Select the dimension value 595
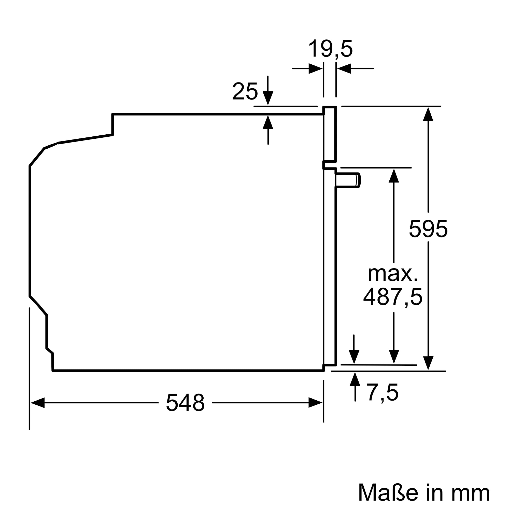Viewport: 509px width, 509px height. click(x=428, y=229)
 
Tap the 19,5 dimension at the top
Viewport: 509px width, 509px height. click(x=330, y=49)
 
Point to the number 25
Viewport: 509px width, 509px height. click(x=245, y=91)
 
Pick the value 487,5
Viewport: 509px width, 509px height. click(x=393, y=297)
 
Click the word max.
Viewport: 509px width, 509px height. click(x=392, y=274)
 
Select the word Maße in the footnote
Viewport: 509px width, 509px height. click(x=388, y=492)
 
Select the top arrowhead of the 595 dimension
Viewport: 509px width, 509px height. click(x=428, y=114)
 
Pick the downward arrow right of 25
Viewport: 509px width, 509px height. click(x=268, y=98)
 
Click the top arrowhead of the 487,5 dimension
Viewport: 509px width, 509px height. click(x=394, y=176)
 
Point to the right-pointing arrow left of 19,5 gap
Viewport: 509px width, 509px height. click(x=315, y=69)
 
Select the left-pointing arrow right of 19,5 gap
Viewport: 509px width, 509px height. click(x=344, y=69)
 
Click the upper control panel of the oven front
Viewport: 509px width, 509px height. click(x=330, y=134)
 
